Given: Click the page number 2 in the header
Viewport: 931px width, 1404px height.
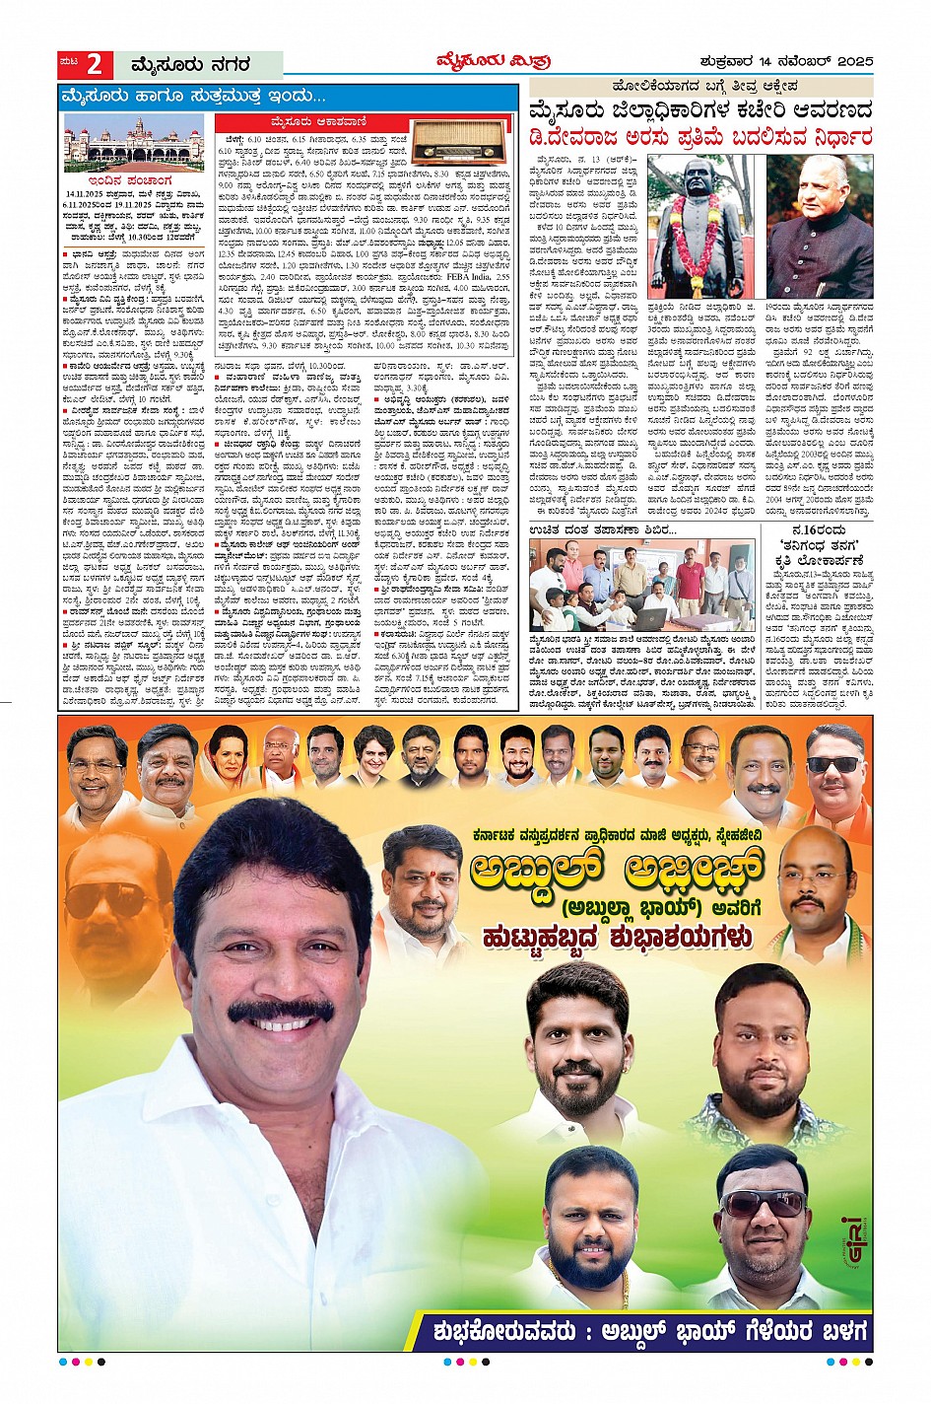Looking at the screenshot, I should (x=94, y=65).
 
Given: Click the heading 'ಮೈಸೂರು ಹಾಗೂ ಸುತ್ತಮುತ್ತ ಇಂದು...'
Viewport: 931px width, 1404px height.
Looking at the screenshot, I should (x=193, y=97).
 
